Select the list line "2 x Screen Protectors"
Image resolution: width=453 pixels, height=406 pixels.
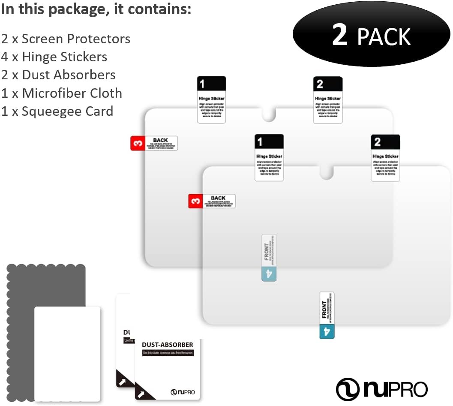pos(66,39)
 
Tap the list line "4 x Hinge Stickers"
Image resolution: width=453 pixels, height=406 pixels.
pos(54,57)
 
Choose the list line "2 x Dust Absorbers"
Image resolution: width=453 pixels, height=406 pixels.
pos(58,75)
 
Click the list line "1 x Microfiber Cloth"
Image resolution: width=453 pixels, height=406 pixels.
pos(62,93)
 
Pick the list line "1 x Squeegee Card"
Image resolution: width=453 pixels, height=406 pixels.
pos(57,111)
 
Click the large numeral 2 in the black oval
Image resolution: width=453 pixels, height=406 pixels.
pos(340,36)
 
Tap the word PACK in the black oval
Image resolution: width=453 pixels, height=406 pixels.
pos(384,37)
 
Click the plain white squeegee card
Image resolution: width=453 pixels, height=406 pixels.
pos(67,353)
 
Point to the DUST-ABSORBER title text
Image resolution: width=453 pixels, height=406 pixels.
pos(168,345)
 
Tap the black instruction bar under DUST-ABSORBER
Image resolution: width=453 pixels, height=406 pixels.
pos(168,353)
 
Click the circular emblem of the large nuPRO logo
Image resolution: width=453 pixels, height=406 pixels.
pos(348,389)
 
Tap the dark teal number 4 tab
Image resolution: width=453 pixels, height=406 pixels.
pos(327,331)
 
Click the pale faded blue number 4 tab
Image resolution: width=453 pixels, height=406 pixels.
pos(269,274)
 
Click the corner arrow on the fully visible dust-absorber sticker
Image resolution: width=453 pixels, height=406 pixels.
pos(141,392)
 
